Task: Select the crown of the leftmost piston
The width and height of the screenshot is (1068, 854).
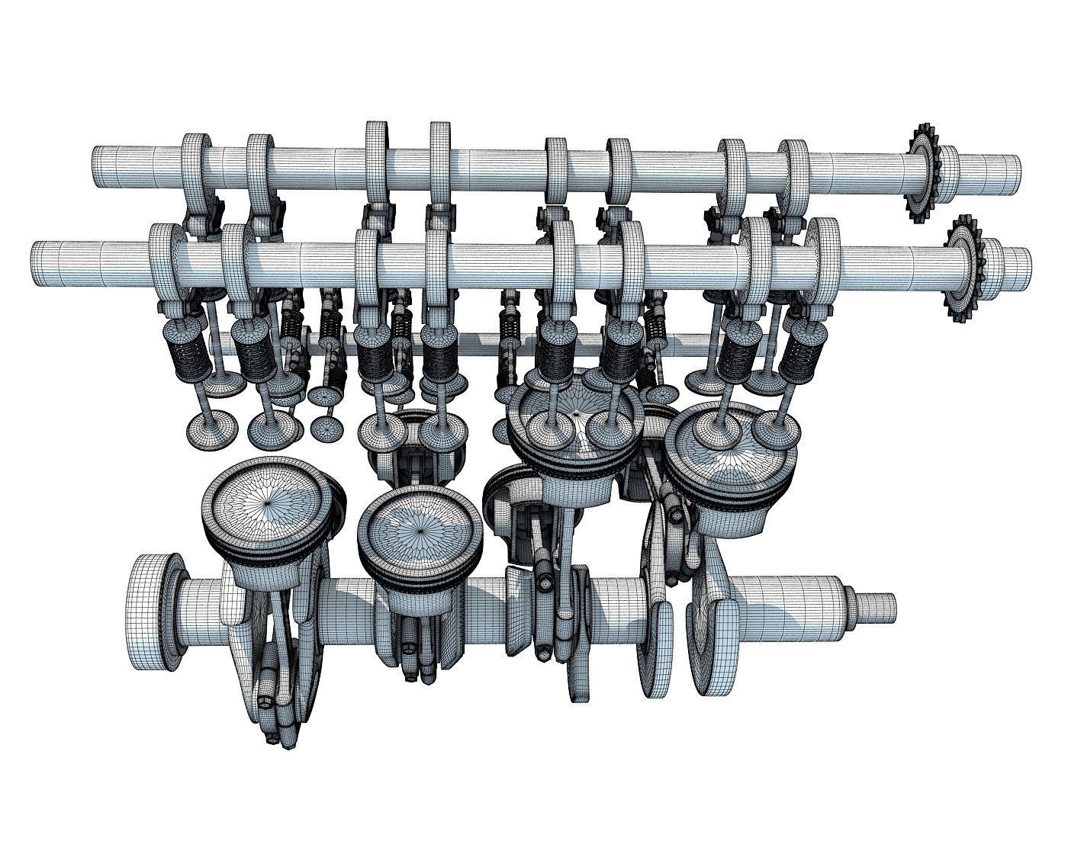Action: tap(267, 503)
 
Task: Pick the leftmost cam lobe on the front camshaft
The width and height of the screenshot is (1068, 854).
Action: tap(162, 259)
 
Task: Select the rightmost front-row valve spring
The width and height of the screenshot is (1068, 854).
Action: tap(802, 351)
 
